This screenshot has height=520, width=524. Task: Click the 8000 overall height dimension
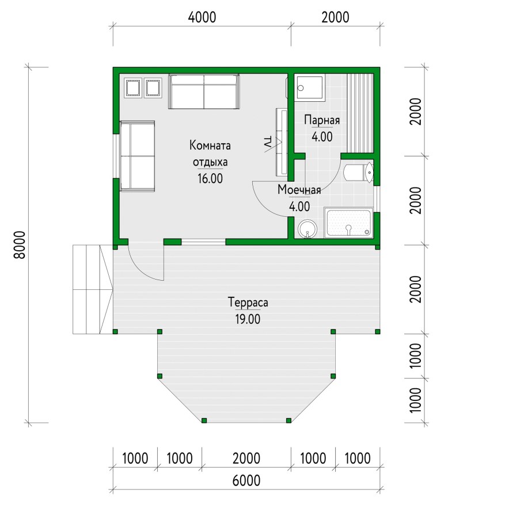pos(20,244)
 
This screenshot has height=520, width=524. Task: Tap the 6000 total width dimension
pos(246,481)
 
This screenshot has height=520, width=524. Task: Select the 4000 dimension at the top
pos(202,17)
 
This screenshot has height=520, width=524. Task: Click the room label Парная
pos(322,120)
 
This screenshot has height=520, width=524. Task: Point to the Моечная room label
pos(299,190)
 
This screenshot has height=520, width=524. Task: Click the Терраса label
pos(248,302)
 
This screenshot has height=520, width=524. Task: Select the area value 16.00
pos(210,178)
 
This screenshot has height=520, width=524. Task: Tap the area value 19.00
pos(248,319)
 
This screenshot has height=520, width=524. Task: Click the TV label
pos(267,142)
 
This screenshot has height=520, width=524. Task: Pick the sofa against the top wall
pos(204,91)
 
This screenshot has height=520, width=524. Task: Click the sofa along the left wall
pos(138,156)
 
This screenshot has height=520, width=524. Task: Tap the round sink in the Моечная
pos(307,229)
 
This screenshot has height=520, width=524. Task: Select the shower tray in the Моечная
pos(348,223)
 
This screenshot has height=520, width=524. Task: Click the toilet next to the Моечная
pos(358,172)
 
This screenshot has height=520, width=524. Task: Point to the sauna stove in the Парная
pos(310,87)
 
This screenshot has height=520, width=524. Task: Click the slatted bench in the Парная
pos(360,113)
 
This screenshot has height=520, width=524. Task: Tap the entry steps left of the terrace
pos(93,289)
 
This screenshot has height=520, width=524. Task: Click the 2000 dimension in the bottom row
pos(246,458)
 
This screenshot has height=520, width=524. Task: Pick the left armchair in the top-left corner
pos(133,88)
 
